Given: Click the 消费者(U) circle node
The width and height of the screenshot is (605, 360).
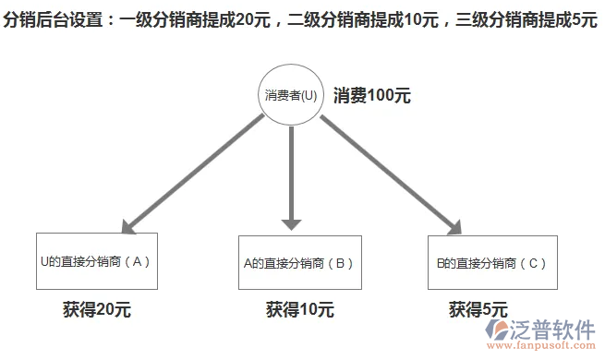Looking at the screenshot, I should click(x=291, y=94).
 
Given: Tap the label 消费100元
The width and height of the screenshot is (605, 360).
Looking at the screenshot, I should click(x=372, y=95).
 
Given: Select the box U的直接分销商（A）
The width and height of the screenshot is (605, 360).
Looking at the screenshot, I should click(x=96, y=261).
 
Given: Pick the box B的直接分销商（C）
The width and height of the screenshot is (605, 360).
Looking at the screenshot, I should click(x=492, y=262).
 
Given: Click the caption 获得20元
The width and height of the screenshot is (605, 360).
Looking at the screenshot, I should click(x=97, y=309).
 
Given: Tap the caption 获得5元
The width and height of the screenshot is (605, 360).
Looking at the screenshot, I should click(x=478, y=309).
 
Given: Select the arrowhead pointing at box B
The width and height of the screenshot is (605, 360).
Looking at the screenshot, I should click(x=292, y=222).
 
